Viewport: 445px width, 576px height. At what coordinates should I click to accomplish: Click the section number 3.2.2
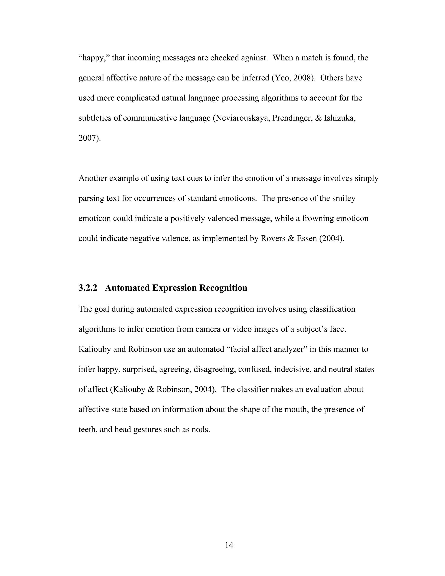click(88, 288)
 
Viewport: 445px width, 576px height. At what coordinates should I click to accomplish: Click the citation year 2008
click(302, 78)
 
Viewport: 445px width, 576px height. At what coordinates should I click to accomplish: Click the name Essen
click(307, 239)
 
